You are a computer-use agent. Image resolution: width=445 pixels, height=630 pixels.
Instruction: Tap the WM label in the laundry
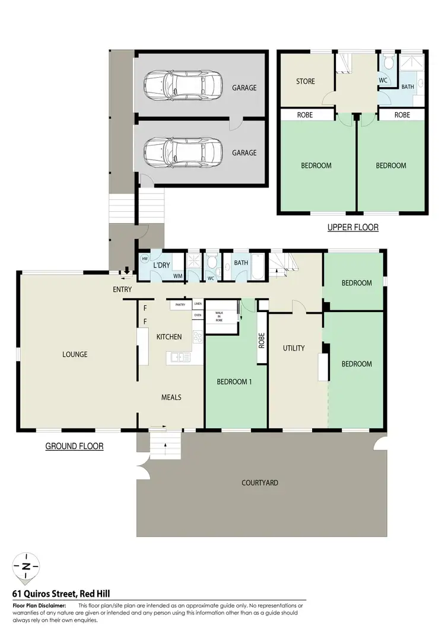click(x=177, y=276)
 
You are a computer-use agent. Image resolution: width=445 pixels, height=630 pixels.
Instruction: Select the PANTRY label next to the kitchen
click(x=180, y=305)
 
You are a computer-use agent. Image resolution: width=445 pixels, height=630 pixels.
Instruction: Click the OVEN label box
click(x=198, y=315)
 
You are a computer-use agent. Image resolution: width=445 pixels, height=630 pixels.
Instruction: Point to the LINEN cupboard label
click(x=198, y=304)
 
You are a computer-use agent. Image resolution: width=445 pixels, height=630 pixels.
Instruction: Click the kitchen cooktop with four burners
click(x=198, y=336)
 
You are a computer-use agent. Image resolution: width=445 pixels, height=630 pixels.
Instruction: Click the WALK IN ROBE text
click(x=219, y=315)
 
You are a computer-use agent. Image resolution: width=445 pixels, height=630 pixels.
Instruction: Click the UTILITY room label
click(x=294, y=348)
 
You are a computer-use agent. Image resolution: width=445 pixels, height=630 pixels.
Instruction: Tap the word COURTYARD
click(x=260, y=483)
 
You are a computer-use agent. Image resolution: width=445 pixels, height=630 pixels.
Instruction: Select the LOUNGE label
click(x=75, y=355)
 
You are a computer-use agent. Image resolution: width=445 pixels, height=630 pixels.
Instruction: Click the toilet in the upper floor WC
click(x=387, y=63)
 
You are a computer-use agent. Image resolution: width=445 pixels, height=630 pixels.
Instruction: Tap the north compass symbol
click(x=26, y=566)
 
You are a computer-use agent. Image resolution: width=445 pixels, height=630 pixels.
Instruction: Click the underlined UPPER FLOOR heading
click(x=353, y=227)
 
